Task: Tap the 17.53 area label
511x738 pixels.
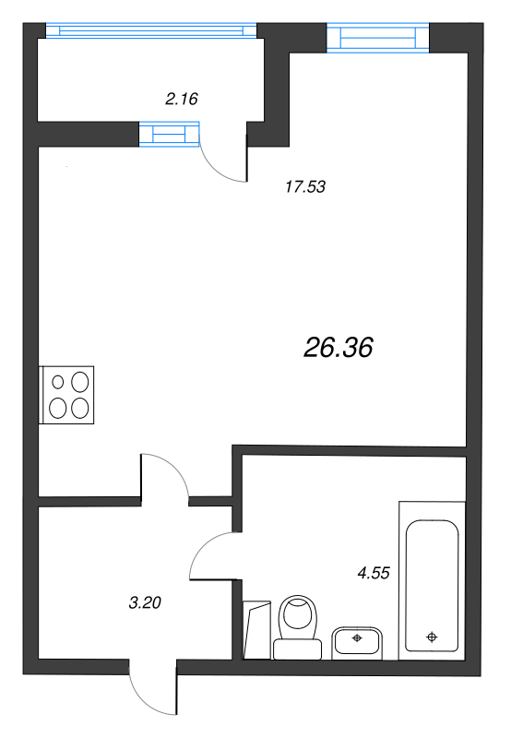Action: pyautogui.click(x=305, y=187)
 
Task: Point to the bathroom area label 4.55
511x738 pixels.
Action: pyautogui.click(x=374, y=572)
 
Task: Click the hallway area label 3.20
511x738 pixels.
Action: pyautogui.click(x=146, y=604)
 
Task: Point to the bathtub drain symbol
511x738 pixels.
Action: pyautogui.click(x=431, y=636)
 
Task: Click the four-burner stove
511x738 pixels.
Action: pyautogui.click(x=68, y=394)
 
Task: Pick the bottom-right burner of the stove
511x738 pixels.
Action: pyautogui.click(x=80, y=406)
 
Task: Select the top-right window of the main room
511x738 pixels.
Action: pyautogui.click(x=378, y=38)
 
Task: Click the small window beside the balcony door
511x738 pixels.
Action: pyautogui.click(x=168, y=135)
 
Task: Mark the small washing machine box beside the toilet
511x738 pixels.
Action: pyautogui.click(x=257, y=629)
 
